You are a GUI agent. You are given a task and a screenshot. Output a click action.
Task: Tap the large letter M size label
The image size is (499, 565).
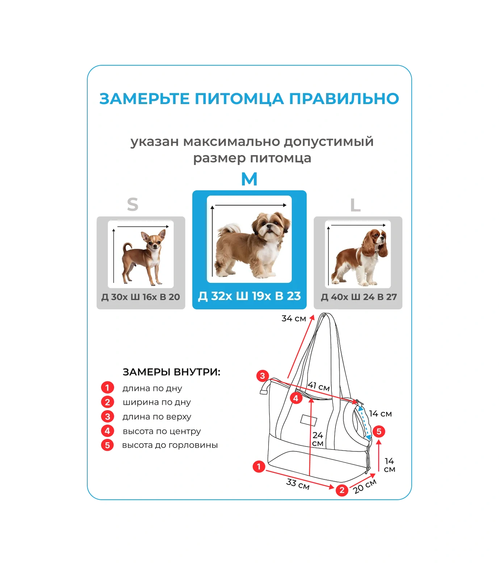pyautogui.click(x=249, y=179)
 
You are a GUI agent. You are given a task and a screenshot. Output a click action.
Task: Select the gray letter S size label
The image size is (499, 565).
pyautogui.click(x=133, y=205)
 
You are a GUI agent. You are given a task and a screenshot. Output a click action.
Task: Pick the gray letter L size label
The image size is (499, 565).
pyautogui.click(x=355, y=205)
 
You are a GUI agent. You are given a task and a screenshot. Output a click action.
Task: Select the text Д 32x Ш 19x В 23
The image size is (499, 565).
pyautogui.click(x=249, y=296)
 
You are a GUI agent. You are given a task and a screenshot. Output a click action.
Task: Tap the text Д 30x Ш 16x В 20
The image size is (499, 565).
pyautogui.click(x=141, y=297)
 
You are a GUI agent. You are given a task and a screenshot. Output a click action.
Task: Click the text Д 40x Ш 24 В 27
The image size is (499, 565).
pyautogui.click(x=358, y=297)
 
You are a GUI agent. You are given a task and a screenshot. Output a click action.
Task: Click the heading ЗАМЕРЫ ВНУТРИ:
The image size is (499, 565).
pyautogui.click(x=171, y=372)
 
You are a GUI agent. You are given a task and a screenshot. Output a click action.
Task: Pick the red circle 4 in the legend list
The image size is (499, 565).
pyautogui.click(x=108, y=431)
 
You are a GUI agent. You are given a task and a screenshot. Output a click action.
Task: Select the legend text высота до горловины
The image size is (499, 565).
pyautogui.click(x=170, y=445)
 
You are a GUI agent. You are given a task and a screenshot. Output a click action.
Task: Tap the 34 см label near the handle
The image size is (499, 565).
pyautogui.click(x=294, y=318)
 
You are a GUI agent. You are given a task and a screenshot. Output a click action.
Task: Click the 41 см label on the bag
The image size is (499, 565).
pyautogui.click(x=319, y=386)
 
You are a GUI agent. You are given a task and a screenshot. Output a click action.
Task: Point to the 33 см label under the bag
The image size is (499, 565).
pyautogui.click(x=298, y=484)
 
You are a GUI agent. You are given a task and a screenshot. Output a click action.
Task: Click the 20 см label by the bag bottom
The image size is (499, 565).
pyautogui.click(x=365, y=486)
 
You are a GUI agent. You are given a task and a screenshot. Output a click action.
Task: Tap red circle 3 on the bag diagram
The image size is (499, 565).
pyautogui.click(x=263, y=376)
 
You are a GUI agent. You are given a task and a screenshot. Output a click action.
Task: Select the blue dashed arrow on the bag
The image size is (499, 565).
pyautogui.click(x=364, y=423)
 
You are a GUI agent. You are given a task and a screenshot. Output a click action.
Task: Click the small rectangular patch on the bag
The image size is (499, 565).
pyautogui.click(x=309, y=420)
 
